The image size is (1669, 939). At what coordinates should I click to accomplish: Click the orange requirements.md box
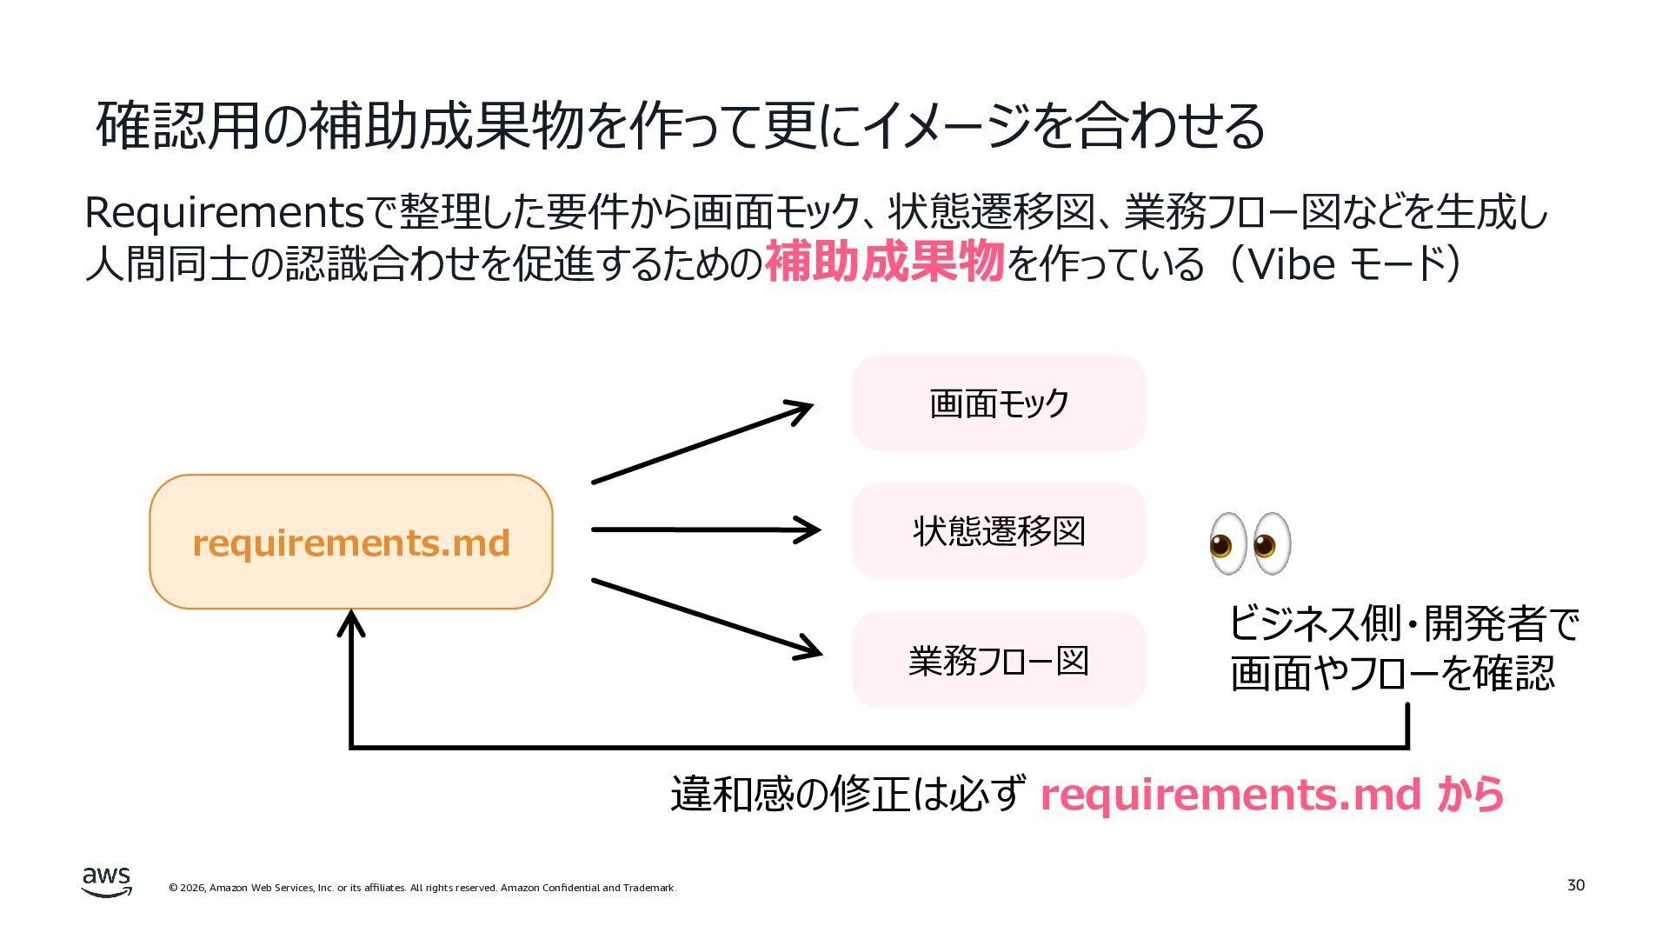351,542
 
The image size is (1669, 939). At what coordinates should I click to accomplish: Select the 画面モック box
999,403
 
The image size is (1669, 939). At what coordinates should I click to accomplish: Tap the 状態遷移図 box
999,530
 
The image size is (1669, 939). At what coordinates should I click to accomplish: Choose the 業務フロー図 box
999,660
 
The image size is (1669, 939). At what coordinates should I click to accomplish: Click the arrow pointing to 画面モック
702,443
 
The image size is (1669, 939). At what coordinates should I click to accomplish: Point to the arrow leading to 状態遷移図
706,529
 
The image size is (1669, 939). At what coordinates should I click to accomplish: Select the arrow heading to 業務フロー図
707,618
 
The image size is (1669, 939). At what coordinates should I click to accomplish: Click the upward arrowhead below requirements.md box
350,623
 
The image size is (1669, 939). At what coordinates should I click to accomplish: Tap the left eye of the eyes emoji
1227,543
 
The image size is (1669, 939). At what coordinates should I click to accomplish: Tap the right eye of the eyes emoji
1271,543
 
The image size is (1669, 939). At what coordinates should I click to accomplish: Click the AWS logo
107,882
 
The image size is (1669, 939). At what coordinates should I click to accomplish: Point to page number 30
1575,885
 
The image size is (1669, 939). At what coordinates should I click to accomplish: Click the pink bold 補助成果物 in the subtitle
884,262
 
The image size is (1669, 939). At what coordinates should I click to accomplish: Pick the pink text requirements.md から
1272,794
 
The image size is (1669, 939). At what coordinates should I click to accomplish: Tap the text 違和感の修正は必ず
847,793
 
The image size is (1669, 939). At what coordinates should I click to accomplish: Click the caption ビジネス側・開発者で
1404,623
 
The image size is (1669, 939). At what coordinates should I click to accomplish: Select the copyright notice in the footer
422,888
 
